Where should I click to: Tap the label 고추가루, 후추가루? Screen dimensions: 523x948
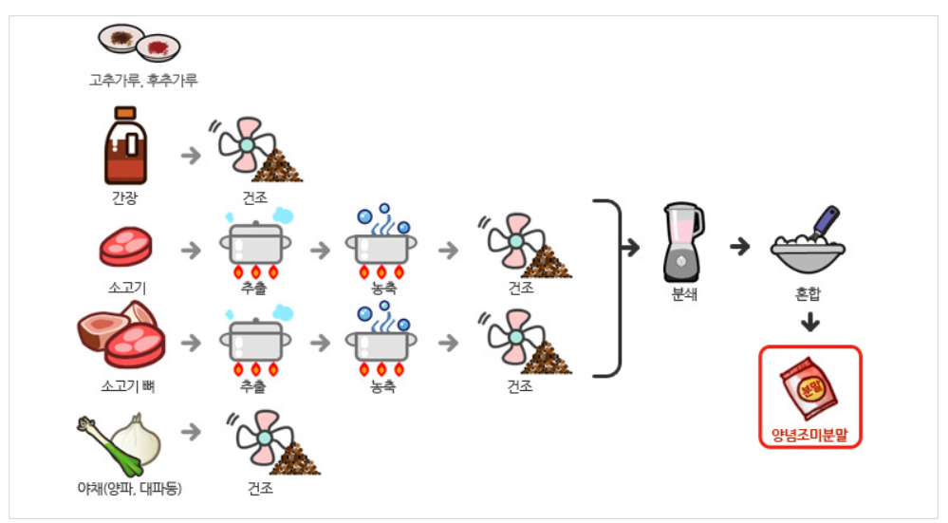pyautogui.click(x=143, y=81)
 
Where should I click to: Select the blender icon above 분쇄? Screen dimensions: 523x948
pyautogui.click(x=683, y=240)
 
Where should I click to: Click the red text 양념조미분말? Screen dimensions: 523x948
pyautogui.click(x=809, y=436)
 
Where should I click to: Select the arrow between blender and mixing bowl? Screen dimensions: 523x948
pyautogui.click(x=739, y=247)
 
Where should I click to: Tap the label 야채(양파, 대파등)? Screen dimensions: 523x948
pyautogui.click(x=129, y=489)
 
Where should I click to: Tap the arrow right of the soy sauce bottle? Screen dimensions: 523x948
pyautogui.click(x=191, y=155)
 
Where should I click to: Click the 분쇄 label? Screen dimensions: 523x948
pyautogui.click(x=684, y=294)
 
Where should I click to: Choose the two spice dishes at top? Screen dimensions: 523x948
pyautogui.click(x=139, y=42)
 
